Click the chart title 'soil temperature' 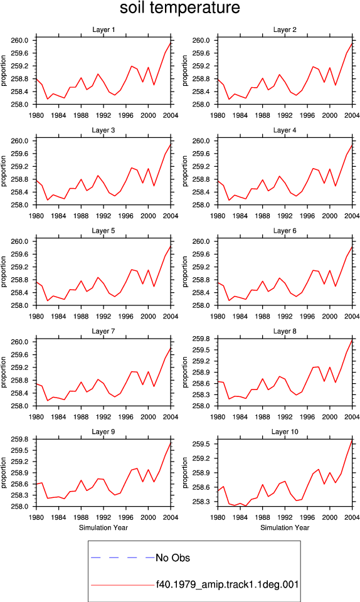point(180,8)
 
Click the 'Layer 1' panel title point(103,29)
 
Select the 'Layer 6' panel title point(285,231)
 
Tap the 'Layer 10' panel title point(285,432)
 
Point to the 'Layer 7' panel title point(103,331)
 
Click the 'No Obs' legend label point(172,558)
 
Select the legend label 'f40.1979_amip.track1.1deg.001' point(227,584)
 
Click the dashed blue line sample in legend point(123,557)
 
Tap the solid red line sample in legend point(123,585)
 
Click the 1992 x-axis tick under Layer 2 point(285,115)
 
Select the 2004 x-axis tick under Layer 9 point(171,517)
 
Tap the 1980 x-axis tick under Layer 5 point(36,316)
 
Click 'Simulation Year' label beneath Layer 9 point(103,528)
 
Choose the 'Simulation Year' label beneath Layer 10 point(285,528)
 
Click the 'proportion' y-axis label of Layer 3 point(4,171)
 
